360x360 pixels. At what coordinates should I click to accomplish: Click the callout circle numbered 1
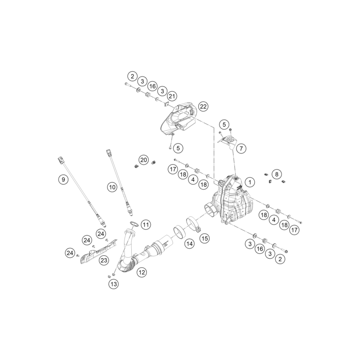(x=250, y=183)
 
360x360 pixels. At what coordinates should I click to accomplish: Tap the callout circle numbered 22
(x=203, y=107)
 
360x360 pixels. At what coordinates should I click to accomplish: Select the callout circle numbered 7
(x=241, y=149)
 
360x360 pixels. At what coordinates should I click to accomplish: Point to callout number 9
(x=63, y=179)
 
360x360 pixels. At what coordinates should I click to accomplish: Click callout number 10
(x=112, y=188)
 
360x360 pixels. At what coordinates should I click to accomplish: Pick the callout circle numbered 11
(x=146, y=224)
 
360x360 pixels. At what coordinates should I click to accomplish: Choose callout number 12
(x=141, y=272)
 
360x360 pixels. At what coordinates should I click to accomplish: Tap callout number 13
(x=114, y=284)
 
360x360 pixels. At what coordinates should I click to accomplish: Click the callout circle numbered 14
(x=189, y=243)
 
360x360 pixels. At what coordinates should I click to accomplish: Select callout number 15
(x=204, y=238)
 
